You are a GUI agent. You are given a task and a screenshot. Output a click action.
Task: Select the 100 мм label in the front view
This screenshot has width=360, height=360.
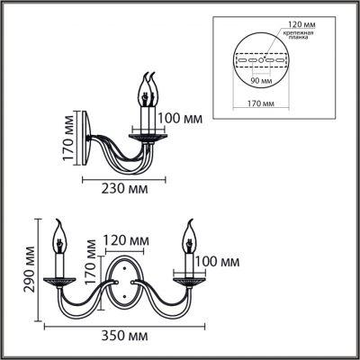(218, 262)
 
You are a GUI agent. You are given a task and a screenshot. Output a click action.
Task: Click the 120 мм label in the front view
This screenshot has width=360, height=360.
(125, 242)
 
